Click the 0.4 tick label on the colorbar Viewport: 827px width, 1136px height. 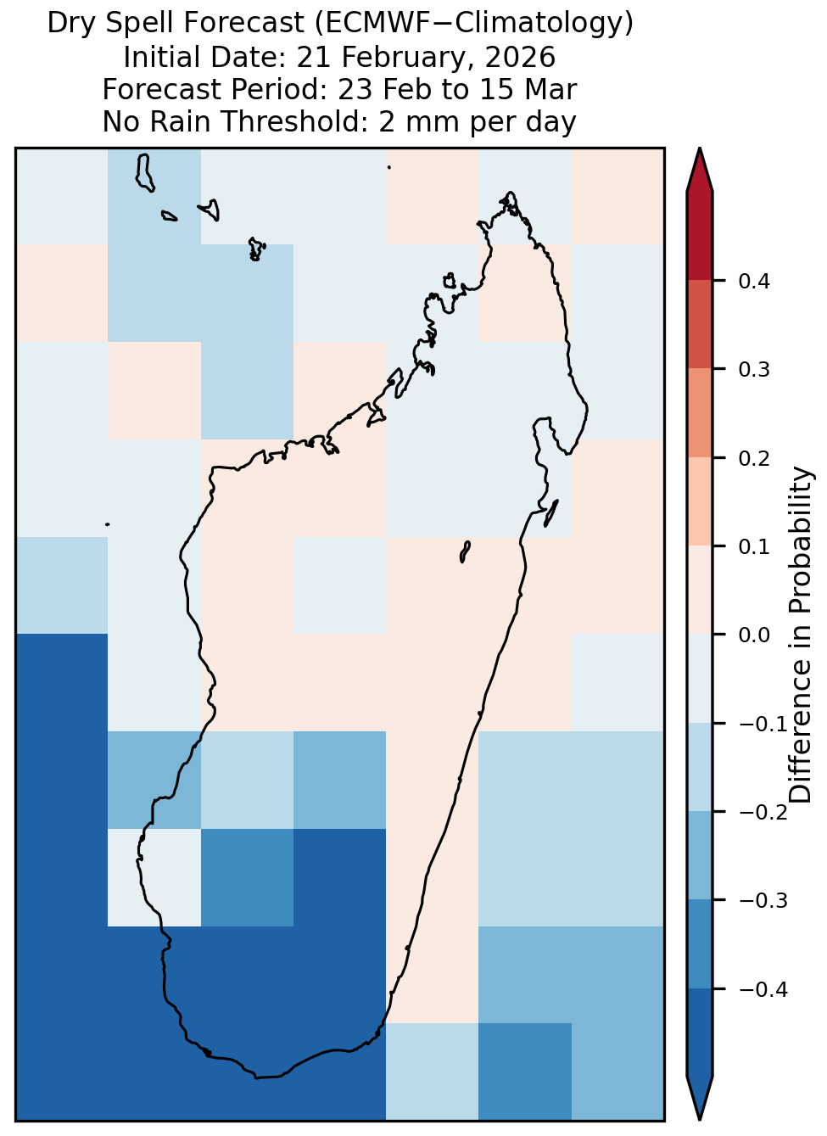(x=753, y=281)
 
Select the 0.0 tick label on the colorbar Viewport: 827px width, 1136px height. (x=753, y=635)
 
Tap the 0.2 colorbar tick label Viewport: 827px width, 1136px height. (x=753, y=458)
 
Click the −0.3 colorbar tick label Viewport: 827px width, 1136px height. (x=763, y=901)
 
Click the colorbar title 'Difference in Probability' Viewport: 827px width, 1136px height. (x=801, y=635)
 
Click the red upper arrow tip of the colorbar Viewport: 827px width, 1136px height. (x=699, y=149)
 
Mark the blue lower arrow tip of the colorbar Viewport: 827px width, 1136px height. (x=699, y=1119)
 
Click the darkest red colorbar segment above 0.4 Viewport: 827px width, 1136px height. (x=699, y=237)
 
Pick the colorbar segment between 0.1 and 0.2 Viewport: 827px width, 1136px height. (x=699, y=501)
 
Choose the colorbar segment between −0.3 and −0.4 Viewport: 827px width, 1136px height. (x=699, y=944)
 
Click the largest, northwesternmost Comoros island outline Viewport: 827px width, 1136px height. (x=144, y=173)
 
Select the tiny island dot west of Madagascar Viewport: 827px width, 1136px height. (x=107, y=524)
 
